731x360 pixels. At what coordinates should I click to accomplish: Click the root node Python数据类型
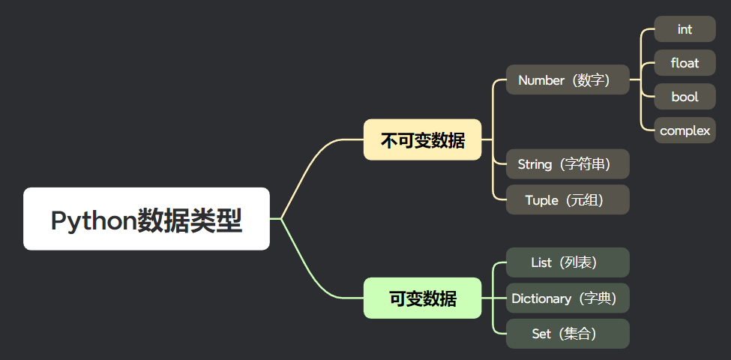coord(146,219)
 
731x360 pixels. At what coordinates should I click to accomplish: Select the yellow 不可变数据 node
coord(422,140)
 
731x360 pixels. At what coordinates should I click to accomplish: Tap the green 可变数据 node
coord(422,298)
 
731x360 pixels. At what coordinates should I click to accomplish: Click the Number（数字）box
coord(568,79)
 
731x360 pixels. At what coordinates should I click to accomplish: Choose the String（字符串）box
coord(568,163)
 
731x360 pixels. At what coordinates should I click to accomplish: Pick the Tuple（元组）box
coord(568,199)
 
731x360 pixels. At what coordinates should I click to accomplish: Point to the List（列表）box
coord(568,262)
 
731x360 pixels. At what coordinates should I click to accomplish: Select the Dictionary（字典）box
coord(568,298)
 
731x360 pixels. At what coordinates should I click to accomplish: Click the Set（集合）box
coord(568,334)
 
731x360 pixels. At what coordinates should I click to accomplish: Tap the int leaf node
coord(685,29)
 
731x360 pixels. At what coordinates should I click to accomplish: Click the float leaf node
coord(685,63)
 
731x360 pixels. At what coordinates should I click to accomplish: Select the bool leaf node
coord(685,97)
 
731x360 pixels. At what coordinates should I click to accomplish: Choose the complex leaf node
coord(685,130)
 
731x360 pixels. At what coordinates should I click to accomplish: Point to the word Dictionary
coord(541,298)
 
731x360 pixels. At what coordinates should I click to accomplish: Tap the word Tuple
coord(541,200)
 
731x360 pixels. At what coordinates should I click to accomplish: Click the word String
coord(535,164)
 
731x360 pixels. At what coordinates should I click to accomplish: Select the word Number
coord(541,80)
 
